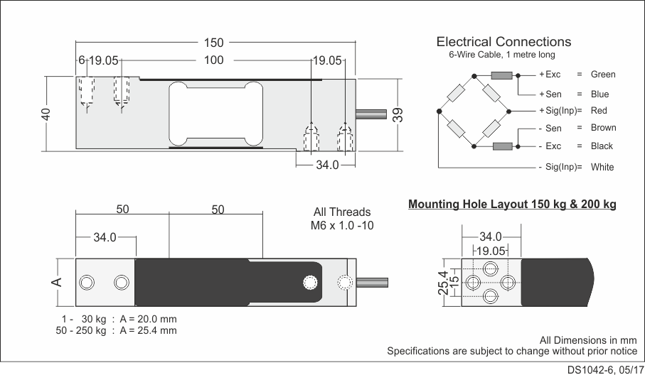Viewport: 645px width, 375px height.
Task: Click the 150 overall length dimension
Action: tap(213, 43)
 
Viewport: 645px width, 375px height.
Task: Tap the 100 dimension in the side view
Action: tap(213, 60)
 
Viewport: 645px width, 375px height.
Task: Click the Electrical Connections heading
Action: tap(503, 42)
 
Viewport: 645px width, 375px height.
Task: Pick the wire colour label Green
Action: tap(603, 75)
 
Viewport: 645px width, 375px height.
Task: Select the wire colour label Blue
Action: tap(599, 94)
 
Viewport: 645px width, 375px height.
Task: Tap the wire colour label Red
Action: tap(599, 111)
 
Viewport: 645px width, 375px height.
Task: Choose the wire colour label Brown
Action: tap(603, 128)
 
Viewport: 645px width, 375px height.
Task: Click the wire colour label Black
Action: tap(602, 146)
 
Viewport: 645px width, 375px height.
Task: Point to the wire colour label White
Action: tap(602, 168)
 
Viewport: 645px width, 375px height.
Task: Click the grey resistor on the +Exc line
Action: tap(502, 75)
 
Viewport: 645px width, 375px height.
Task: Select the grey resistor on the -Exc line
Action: tap(502, 146)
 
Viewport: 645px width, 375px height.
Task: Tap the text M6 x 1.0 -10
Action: tap(342, 226)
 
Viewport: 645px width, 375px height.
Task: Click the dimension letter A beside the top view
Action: tap(58, 282)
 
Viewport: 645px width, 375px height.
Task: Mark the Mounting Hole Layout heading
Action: tap(512, 205)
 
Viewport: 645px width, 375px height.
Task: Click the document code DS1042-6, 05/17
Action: tap(603, 369)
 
